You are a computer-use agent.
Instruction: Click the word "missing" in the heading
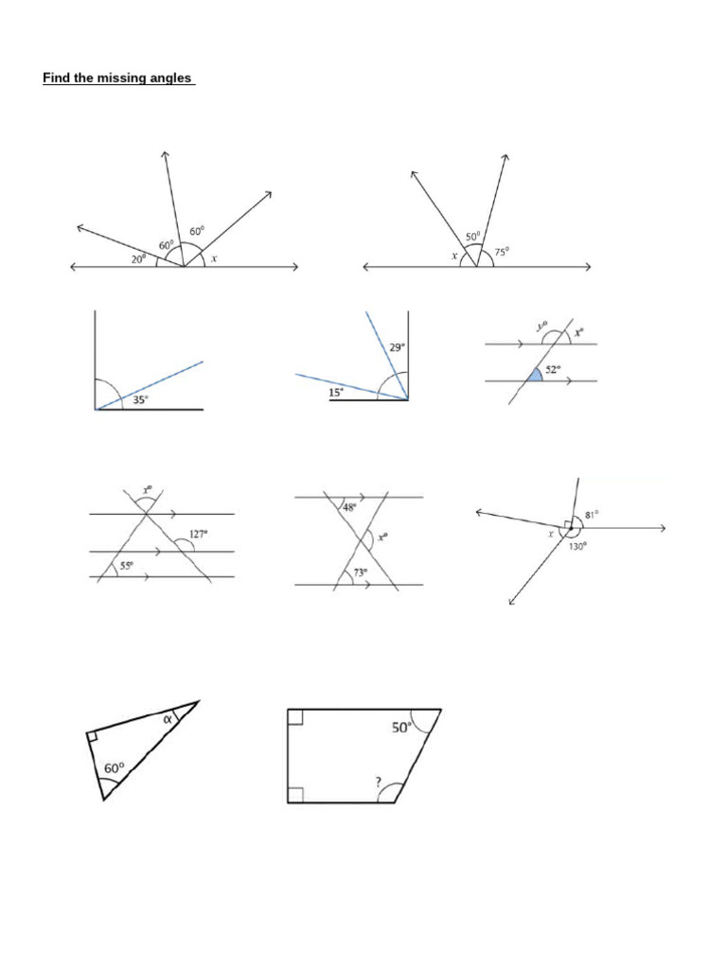117,79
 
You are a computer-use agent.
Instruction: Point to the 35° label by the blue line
140,400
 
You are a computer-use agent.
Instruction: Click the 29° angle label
398,348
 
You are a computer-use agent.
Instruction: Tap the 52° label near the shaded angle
552,370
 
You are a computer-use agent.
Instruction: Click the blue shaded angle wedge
535,375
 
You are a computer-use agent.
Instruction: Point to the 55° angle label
126,566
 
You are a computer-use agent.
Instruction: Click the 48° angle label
350,507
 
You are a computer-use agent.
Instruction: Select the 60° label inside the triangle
114,769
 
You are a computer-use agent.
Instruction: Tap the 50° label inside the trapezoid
401,728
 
